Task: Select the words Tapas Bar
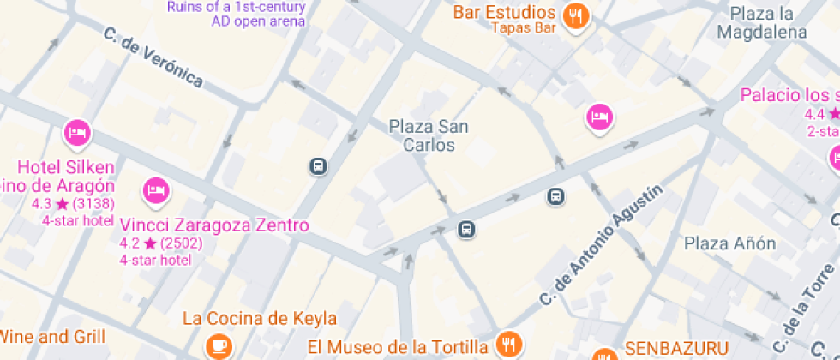[523, 27]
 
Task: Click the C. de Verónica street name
[153, 57]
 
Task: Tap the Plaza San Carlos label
[429, 135]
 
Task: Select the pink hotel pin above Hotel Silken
[78, 132]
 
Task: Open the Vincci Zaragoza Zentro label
[214, 225]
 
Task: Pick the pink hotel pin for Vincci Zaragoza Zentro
[155, 190]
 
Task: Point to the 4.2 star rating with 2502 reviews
[160, 243]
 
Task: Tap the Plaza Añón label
[729, 243]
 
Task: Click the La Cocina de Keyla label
[260, 319]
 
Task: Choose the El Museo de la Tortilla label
[398, 347]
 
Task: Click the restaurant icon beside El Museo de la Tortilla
[510, 345]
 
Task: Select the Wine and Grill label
[53, 336]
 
